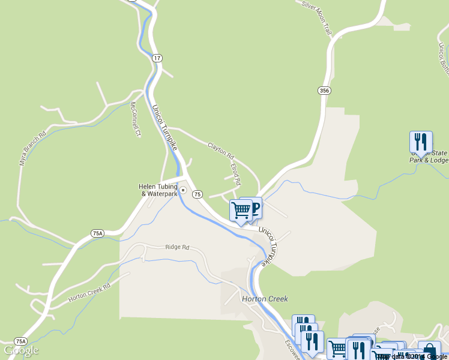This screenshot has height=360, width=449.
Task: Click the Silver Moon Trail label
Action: (317, 17)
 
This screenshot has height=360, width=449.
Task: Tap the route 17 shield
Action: (157, 58)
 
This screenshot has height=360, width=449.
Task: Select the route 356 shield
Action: (324, 91)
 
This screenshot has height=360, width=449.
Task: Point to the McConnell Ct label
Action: (135, 119)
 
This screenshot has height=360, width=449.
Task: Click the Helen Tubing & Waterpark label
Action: (158, 190)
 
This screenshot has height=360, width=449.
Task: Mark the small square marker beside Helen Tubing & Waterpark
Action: (183, 191)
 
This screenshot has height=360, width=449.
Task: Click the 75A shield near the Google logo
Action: (20, 341)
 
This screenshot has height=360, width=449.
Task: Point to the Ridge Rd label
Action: (177, 247)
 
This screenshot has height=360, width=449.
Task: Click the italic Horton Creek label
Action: (265, 299)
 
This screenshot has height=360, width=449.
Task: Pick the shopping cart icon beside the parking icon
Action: (241, 211)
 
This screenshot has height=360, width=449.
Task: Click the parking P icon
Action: (255, 208)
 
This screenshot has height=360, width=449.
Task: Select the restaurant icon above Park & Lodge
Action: (421, 142)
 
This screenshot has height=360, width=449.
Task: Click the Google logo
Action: (21, 350)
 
